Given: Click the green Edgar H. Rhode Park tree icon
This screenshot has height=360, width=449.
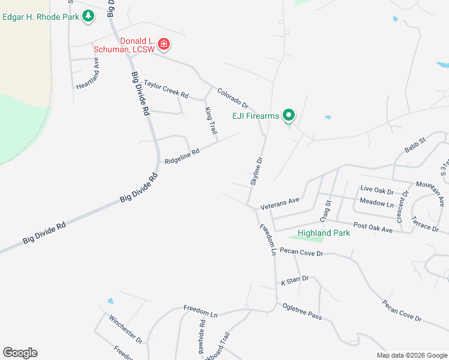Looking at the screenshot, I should point(89,16).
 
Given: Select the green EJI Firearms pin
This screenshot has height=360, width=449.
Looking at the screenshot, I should point(288,115).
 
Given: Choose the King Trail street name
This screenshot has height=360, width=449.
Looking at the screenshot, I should point(210,121).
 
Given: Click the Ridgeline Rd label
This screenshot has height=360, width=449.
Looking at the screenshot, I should point(181,157).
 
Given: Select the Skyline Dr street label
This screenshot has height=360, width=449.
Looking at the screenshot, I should point(256,171).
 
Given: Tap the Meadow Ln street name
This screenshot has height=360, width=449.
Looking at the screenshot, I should point(376,203).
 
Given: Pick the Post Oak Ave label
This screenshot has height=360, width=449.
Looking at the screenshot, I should point(373,227).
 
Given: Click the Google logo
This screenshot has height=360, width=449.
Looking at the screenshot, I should point(20,353).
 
